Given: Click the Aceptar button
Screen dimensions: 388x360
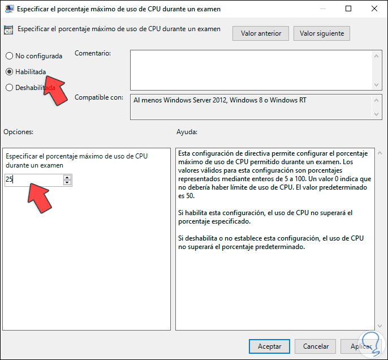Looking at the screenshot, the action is (269, 346).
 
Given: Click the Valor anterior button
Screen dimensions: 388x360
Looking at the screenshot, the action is (261, 33).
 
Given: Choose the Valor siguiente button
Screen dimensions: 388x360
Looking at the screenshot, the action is (322, 33).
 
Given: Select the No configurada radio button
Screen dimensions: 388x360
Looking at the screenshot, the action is (10, 56).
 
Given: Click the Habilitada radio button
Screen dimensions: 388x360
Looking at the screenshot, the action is (10, 72).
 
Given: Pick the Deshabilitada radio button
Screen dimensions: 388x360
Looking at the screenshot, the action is (10, 88).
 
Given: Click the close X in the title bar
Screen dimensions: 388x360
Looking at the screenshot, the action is (374, 8).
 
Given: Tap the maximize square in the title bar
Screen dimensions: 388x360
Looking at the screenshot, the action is (348, 8).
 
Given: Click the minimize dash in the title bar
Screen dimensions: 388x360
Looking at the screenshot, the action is (322, 9).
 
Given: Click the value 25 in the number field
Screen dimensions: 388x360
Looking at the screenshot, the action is (9, 179).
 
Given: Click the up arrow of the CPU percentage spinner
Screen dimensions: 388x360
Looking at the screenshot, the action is (67, 177).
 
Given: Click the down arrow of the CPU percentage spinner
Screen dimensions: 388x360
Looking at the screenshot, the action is (67, 182).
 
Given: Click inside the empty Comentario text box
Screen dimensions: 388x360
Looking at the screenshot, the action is (251, 70).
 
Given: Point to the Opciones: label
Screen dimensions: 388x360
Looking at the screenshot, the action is (18, 132).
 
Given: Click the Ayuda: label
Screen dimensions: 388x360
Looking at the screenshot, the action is (187, 132).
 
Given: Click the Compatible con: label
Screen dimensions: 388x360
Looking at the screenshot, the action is (99, 97).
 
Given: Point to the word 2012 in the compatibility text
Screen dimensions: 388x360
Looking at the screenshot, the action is (219, 100).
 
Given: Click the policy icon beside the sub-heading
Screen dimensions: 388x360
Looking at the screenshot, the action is (8, 30).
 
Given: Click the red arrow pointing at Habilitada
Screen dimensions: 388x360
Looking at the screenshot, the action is (55, 90).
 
